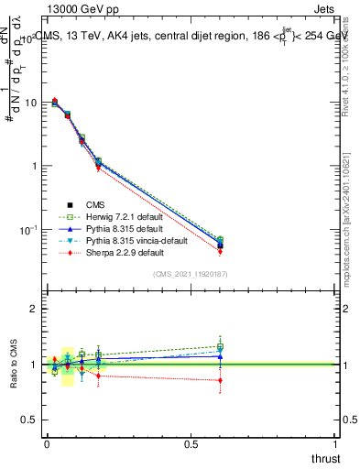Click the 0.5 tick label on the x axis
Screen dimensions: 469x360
tap(191, 444)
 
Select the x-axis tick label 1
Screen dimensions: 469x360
tap(336, 444)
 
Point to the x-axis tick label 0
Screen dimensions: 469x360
tap(47, 444)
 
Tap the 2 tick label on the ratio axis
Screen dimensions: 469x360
tap(35, 310)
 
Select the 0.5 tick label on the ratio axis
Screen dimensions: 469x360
tap(30, 420)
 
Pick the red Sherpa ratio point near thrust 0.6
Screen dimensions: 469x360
tap(221, 380)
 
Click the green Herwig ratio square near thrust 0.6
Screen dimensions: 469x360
tap(221, 346)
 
